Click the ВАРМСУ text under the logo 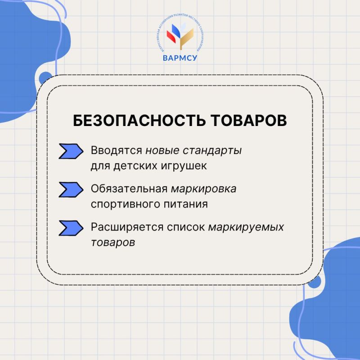pyautogui.click(x=180, y=58)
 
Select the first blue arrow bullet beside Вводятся pyautogui.click(x=71, y=151)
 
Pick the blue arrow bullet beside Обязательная pyautogui.click(x=71, y=189)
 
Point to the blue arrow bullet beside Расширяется pyautogui.click(x=71, y=228)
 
